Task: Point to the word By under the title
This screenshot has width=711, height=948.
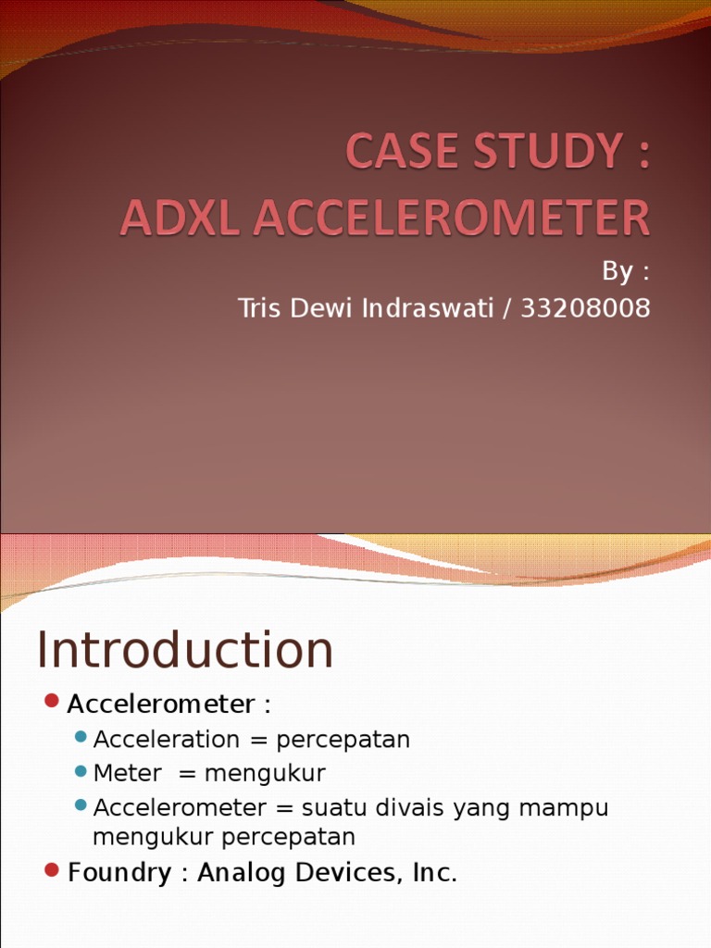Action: (x=617, y=272)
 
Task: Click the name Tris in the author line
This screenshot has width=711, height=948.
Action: (x=258, y=308)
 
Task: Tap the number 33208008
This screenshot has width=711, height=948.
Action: (x=586, y=308)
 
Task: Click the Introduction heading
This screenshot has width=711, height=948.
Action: (x=185, y=650)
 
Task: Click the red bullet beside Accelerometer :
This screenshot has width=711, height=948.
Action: (x=52, y=701)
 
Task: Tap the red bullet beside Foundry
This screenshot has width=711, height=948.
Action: (x=52, y=869)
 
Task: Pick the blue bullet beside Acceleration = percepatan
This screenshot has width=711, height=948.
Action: (x=81, y=737)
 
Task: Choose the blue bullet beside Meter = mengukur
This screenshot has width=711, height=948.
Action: (x=81, y=770)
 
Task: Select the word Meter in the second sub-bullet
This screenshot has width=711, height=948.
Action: (x=128, y=773)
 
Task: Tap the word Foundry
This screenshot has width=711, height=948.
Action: (x=119, y=873)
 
